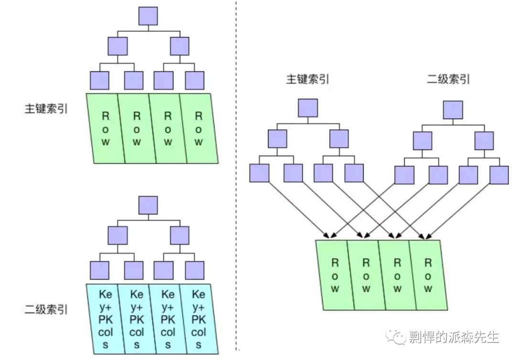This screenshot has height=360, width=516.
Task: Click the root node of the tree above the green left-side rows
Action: [148, 16]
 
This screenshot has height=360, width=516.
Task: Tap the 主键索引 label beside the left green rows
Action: [46, 109]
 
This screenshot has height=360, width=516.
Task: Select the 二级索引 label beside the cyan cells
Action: [46, 310]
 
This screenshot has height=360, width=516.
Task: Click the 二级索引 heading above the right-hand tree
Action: [448, 79]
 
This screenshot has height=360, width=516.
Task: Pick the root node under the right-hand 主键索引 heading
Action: [308, 108]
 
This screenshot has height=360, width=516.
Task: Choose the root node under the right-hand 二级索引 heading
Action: [453, 110]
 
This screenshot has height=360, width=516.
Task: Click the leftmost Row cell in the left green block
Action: [106, 129]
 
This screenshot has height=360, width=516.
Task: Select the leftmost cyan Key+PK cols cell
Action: [105, 319]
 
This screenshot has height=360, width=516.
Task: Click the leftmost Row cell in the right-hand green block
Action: [335, 275]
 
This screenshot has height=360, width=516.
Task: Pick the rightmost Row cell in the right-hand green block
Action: [428, 275]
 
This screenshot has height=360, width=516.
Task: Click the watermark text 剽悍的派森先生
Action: [454, 337]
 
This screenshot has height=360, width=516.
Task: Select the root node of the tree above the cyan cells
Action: [148, 205]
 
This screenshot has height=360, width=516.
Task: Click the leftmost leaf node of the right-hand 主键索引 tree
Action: [259, 173]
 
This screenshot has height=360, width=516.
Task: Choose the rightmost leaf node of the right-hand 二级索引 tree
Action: [499, 175]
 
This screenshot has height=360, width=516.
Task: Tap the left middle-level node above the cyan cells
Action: [118, 235]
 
